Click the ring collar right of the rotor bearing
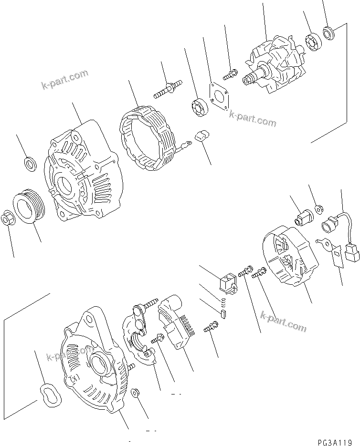tap(329, 33)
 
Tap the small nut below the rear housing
tap(136, 393)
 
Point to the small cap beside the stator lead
tap(202, 136)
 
